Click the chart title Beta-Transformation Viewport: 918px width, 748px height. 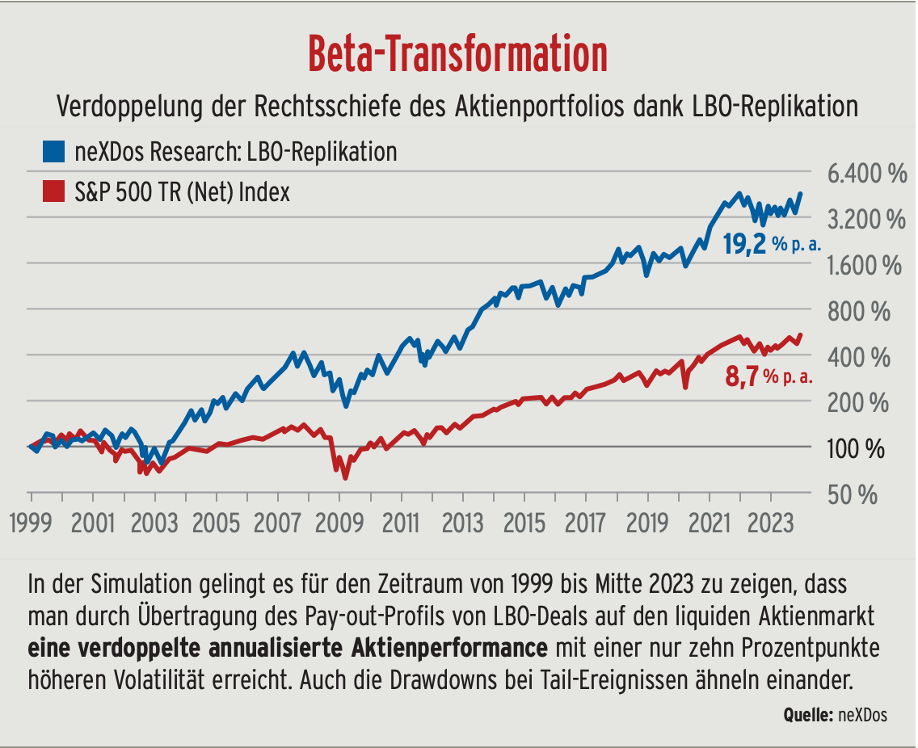point(458,54)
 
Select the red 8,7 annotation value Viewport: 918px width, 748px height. point(743,376)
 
